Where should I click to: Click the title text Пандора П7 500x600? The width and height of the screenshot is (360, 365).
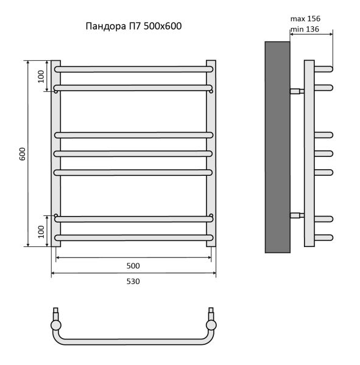point(133,26)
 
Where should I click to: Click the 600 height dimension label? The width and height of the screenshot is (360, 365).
point(23,154)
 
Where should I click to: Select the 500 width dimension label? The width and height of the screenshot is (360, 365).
point(133,266)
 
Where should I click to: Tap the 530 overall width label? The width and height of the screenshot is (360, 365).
point(133,281)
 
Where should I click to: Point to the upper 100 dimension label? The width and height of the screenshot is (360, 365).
point(41,77)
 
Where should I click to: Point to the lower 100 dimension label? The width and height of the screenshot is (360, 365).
point(41,232)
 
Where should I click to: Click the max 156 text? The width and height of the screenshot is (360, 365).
point(305,19)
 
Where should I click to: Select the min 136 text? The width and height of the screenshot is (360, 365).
point(305,29)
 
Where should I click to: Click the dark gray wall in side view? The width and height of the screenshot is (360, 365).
point(277,147)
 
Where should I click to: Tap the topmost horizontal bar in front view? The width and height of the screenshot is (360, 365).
point(133,69)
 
